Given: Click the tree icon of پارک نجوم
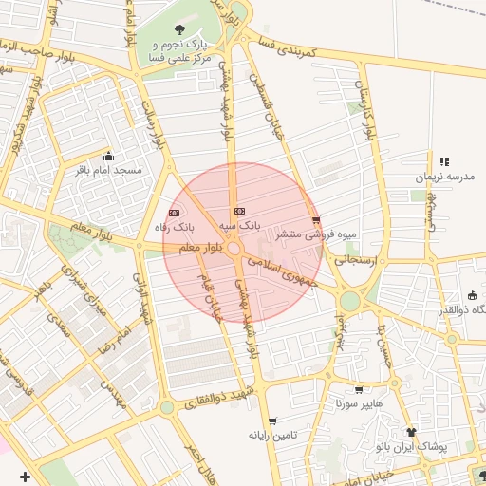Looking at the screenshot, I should point(180,28).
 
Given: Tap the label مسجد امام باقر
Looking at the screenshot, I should point(110,170).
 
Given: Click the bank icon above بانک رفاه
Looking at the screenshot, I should point(174,213).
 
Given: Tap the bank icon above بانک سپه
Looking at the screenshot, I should point(239,211).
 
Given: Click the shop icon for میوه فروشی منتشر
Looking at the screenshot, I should point(316,219).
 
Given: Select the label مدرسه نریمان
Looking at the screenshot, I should point(443,177).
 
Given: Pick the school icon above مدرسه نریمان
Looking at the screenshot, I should point(444,161).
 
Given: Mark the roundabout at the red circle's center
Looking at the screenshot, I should point(234,249).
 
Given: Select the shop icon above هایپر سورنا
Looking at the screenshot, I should point(358,389).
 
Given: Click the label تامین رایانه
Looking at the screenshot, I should point(273,435).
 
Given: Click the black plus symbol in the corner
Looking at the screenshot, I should point(24,476).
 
